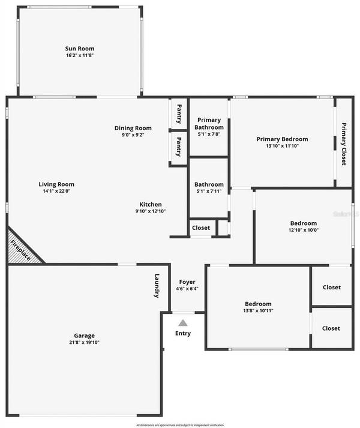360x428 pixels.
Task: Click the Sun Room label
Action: point(80,49)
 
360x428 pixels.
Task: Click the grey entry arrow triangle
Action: point(183,323)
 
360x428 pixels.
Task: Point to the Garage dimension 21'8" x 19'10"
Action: point(84,343)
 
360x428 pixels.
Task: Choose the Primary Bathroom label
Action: point(210,124)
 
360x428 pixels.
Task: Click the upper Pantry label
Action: point(179,113)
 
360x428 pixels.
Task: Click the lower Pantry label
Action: point(179,146)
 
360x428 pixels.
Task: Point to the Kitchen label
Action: point(151,203)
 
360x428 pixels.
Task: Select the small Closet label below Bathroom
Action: point(201,228)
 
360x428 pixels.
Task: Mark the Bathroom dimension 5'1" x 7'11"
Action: point(209,191)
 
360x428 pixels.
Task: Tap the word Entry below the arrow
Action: point(183,333)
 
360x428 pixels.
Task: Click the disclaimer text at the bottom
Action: point(180,424)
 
